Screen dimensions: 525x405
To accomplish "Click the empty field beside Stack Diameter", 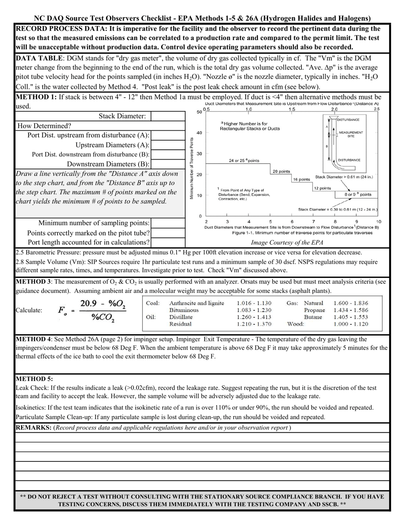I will [x=168, y=116].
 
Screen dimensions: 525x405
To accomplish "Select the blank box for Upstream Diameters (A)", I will [x=168, y=145].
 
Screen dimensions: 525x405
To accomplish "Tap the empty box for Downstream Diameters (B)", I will [x=168, y=164].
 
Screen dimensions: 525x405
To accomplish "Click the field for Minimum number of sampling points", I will [x=168, y=223].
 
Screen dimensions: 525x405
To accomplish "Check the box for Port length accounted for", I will [x=168, y=242].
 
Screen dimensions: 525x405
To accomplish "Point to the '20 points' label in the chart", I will [x=281, y=171].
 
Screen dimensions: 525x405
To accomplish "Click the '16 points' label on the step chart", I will [x=301, y=179].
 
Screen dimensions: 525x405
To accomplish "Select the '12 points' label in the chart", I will [x=322, y=188].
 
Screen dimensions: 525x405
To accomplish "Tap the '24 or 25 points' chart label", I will [x=244, y=160].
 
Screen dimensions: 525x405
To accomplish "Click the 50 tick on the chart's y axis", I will [x=199, y=112].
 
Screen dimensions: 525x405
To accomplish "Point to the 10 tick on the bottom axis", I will [x=378, y=222].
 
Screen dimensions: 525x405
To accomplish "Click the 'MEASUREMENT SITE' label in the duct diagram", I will [x=350, y=134].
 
